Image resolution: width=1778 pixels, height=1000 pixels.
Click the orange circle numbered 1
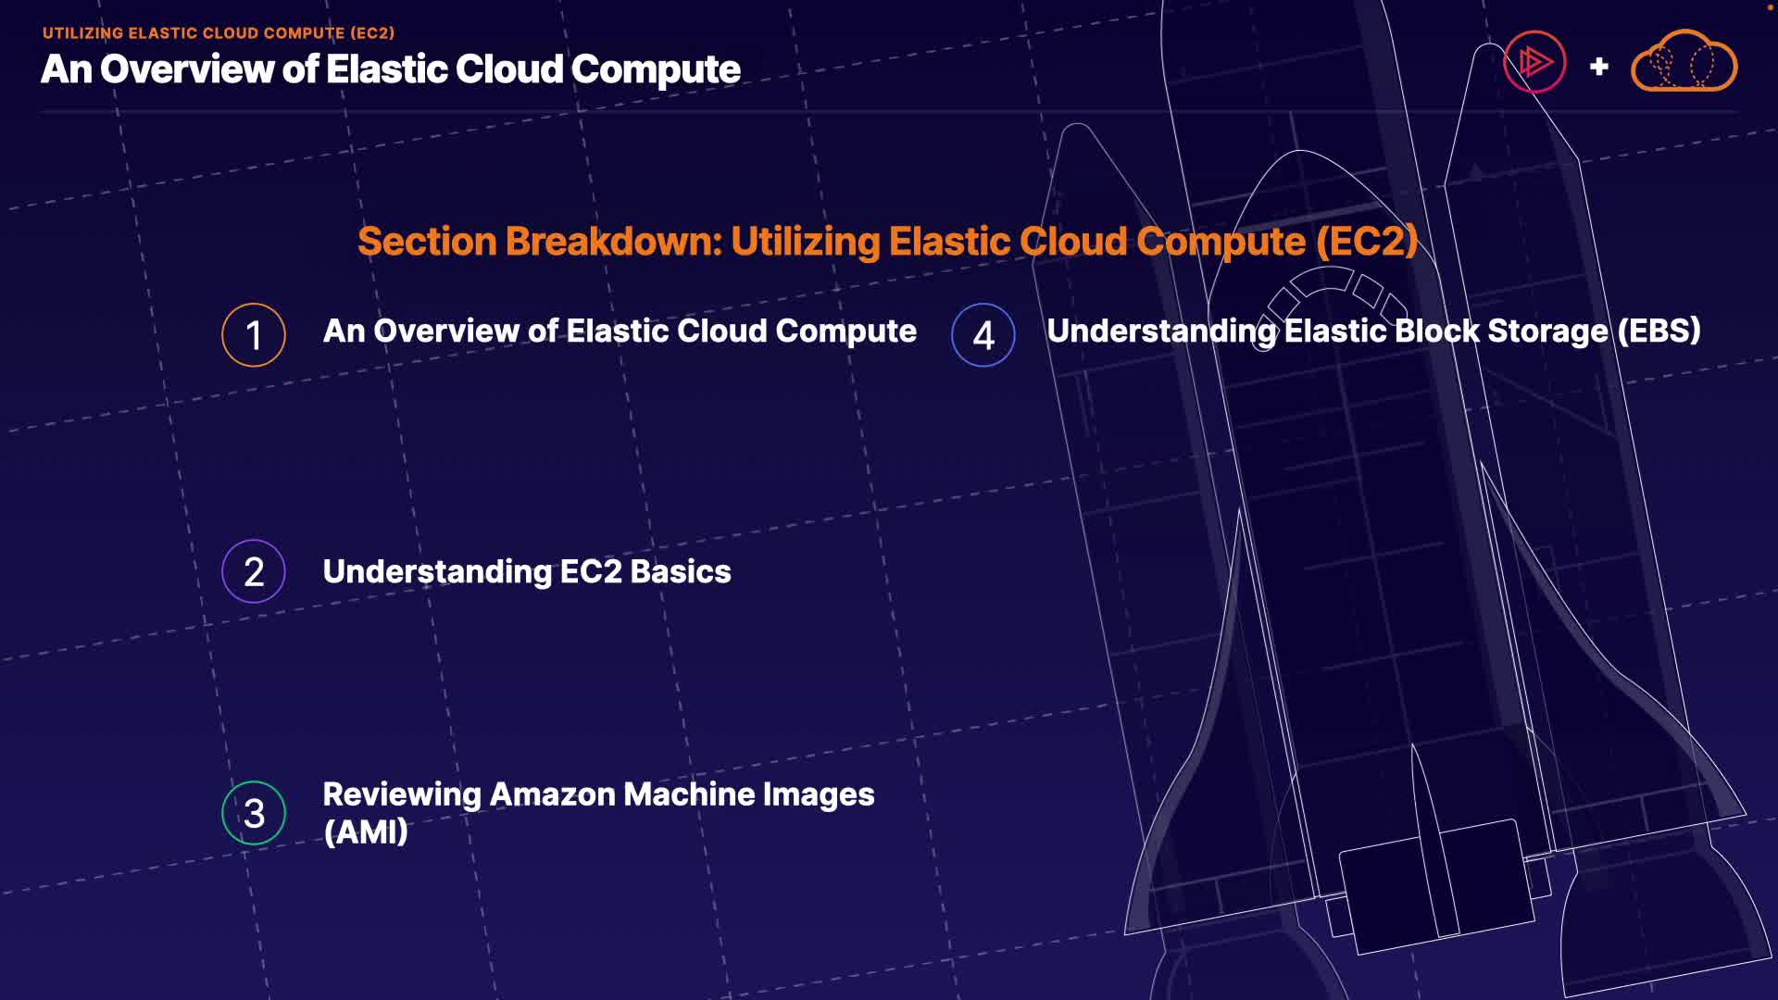tap(253, 335)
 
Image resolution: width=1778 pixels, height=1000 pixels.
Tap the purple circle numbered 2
tap(253, 571)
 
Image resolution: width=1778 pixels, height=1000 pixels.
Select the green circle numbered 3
tap(253, 813)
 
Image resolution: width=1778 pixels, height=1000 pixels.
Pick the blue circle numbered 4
tap(983, 335)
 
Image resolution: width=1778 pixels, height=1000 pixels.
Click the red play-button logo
tap(1534, 63)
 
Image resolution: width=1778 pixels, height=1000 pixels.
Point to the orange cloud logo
tap(1684, 63)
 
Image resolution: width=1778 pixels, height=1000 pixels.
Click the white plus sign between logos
tap(1598, 67)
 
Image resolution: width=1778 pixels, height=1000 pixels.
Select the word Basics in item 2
tap(681, 572)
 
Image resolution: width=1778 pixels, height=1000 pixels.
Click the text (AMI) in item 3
tap(366, 832)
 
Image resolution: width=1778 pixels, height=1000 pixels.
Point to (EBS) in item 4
tap(1659, 331)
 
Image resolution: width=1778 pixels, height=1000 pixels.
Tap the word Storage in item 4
tap(1546, 331)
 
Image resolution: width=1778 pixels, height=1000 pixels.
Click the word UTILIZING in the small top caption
tap(82, 33)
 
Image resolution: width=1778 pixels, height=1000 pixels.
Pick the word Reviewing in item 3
tap(402, 794)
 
